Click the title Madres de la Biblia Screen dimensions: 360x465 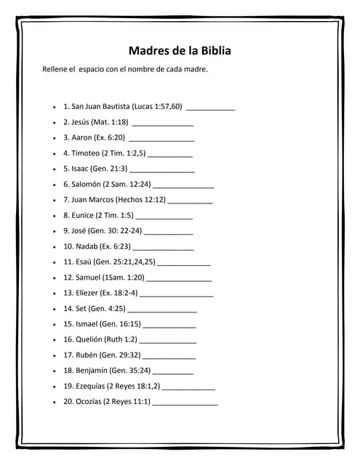pos(180,51)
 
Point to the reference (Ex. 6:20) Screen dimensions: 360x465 pos(109,137)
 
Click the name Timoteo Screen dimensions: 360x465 pos(85,153)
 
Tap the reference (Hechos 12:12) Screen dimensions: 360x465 pos(140,199)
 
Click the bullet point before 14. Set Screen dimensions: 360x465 pos(55,309)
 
